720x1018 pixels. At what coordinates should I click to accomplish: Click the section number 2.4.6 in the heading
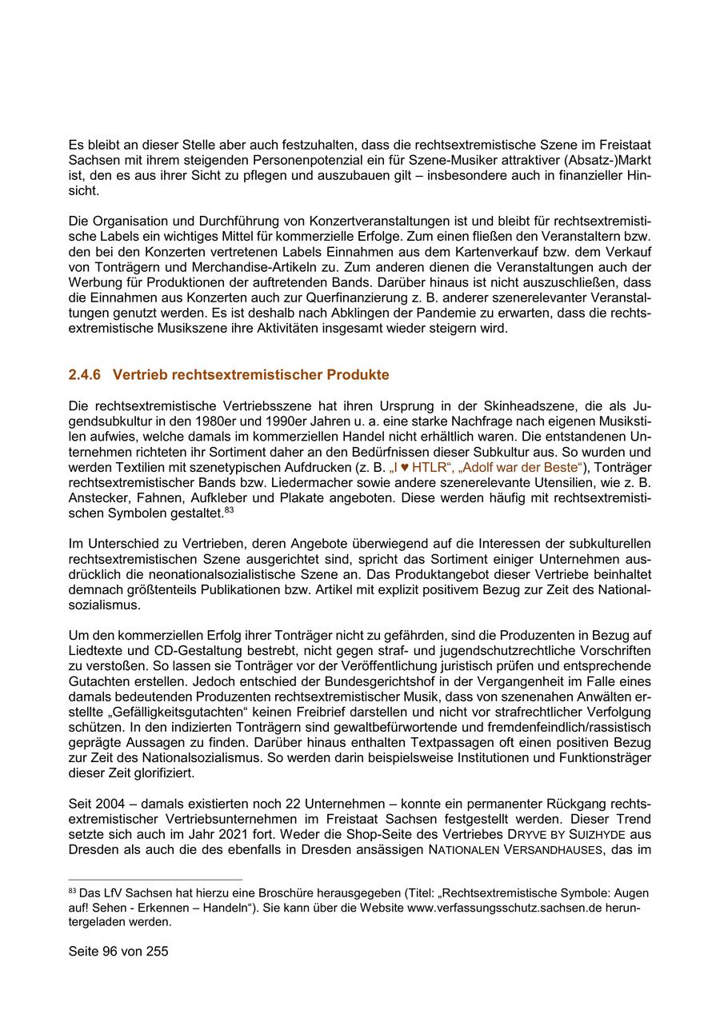(84, 374)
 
